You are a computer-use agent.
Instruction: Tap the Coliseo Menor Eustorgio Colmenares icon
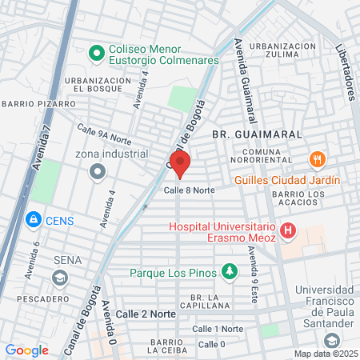[97, 54]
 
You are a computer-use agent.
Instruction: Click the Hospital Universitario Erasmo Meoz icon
[288, 234]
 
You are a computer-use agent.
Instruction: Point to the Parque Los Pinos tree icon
[230, 270]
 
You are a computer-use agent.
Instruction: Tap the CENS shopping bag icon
[33, 218]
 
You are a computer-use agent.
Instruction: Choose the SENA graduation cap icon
[58, 277]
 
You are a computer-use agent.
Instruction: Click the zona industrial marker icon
[98, 170]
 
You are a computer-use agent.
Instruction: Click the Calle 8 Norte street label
[190, 190]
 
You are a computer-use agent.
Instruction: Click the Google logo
[26, 350]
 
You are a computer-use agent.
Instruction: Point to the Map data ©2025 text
[325, 354]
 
